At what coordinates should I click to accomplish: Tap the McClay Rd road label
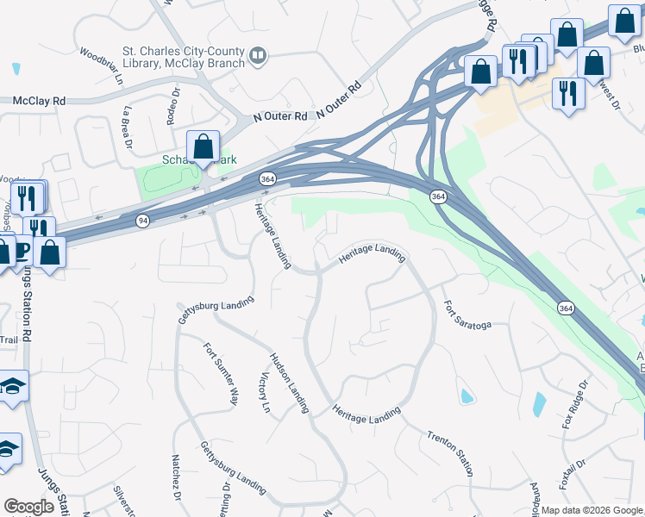39,101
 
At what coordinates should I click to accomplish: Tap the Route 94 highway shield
141,221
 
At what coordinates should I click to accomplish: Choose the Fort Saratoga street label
467,315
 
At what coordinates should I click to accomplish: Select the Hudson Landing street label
289,383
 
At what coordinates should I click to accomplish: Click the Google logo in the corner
29,507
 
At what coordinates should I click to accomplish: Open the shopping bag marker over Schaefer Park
204,147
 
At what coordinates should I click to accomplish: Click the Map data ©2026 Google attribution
592,510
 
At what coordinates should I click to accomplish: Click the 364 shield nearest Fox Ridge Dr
565,308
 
